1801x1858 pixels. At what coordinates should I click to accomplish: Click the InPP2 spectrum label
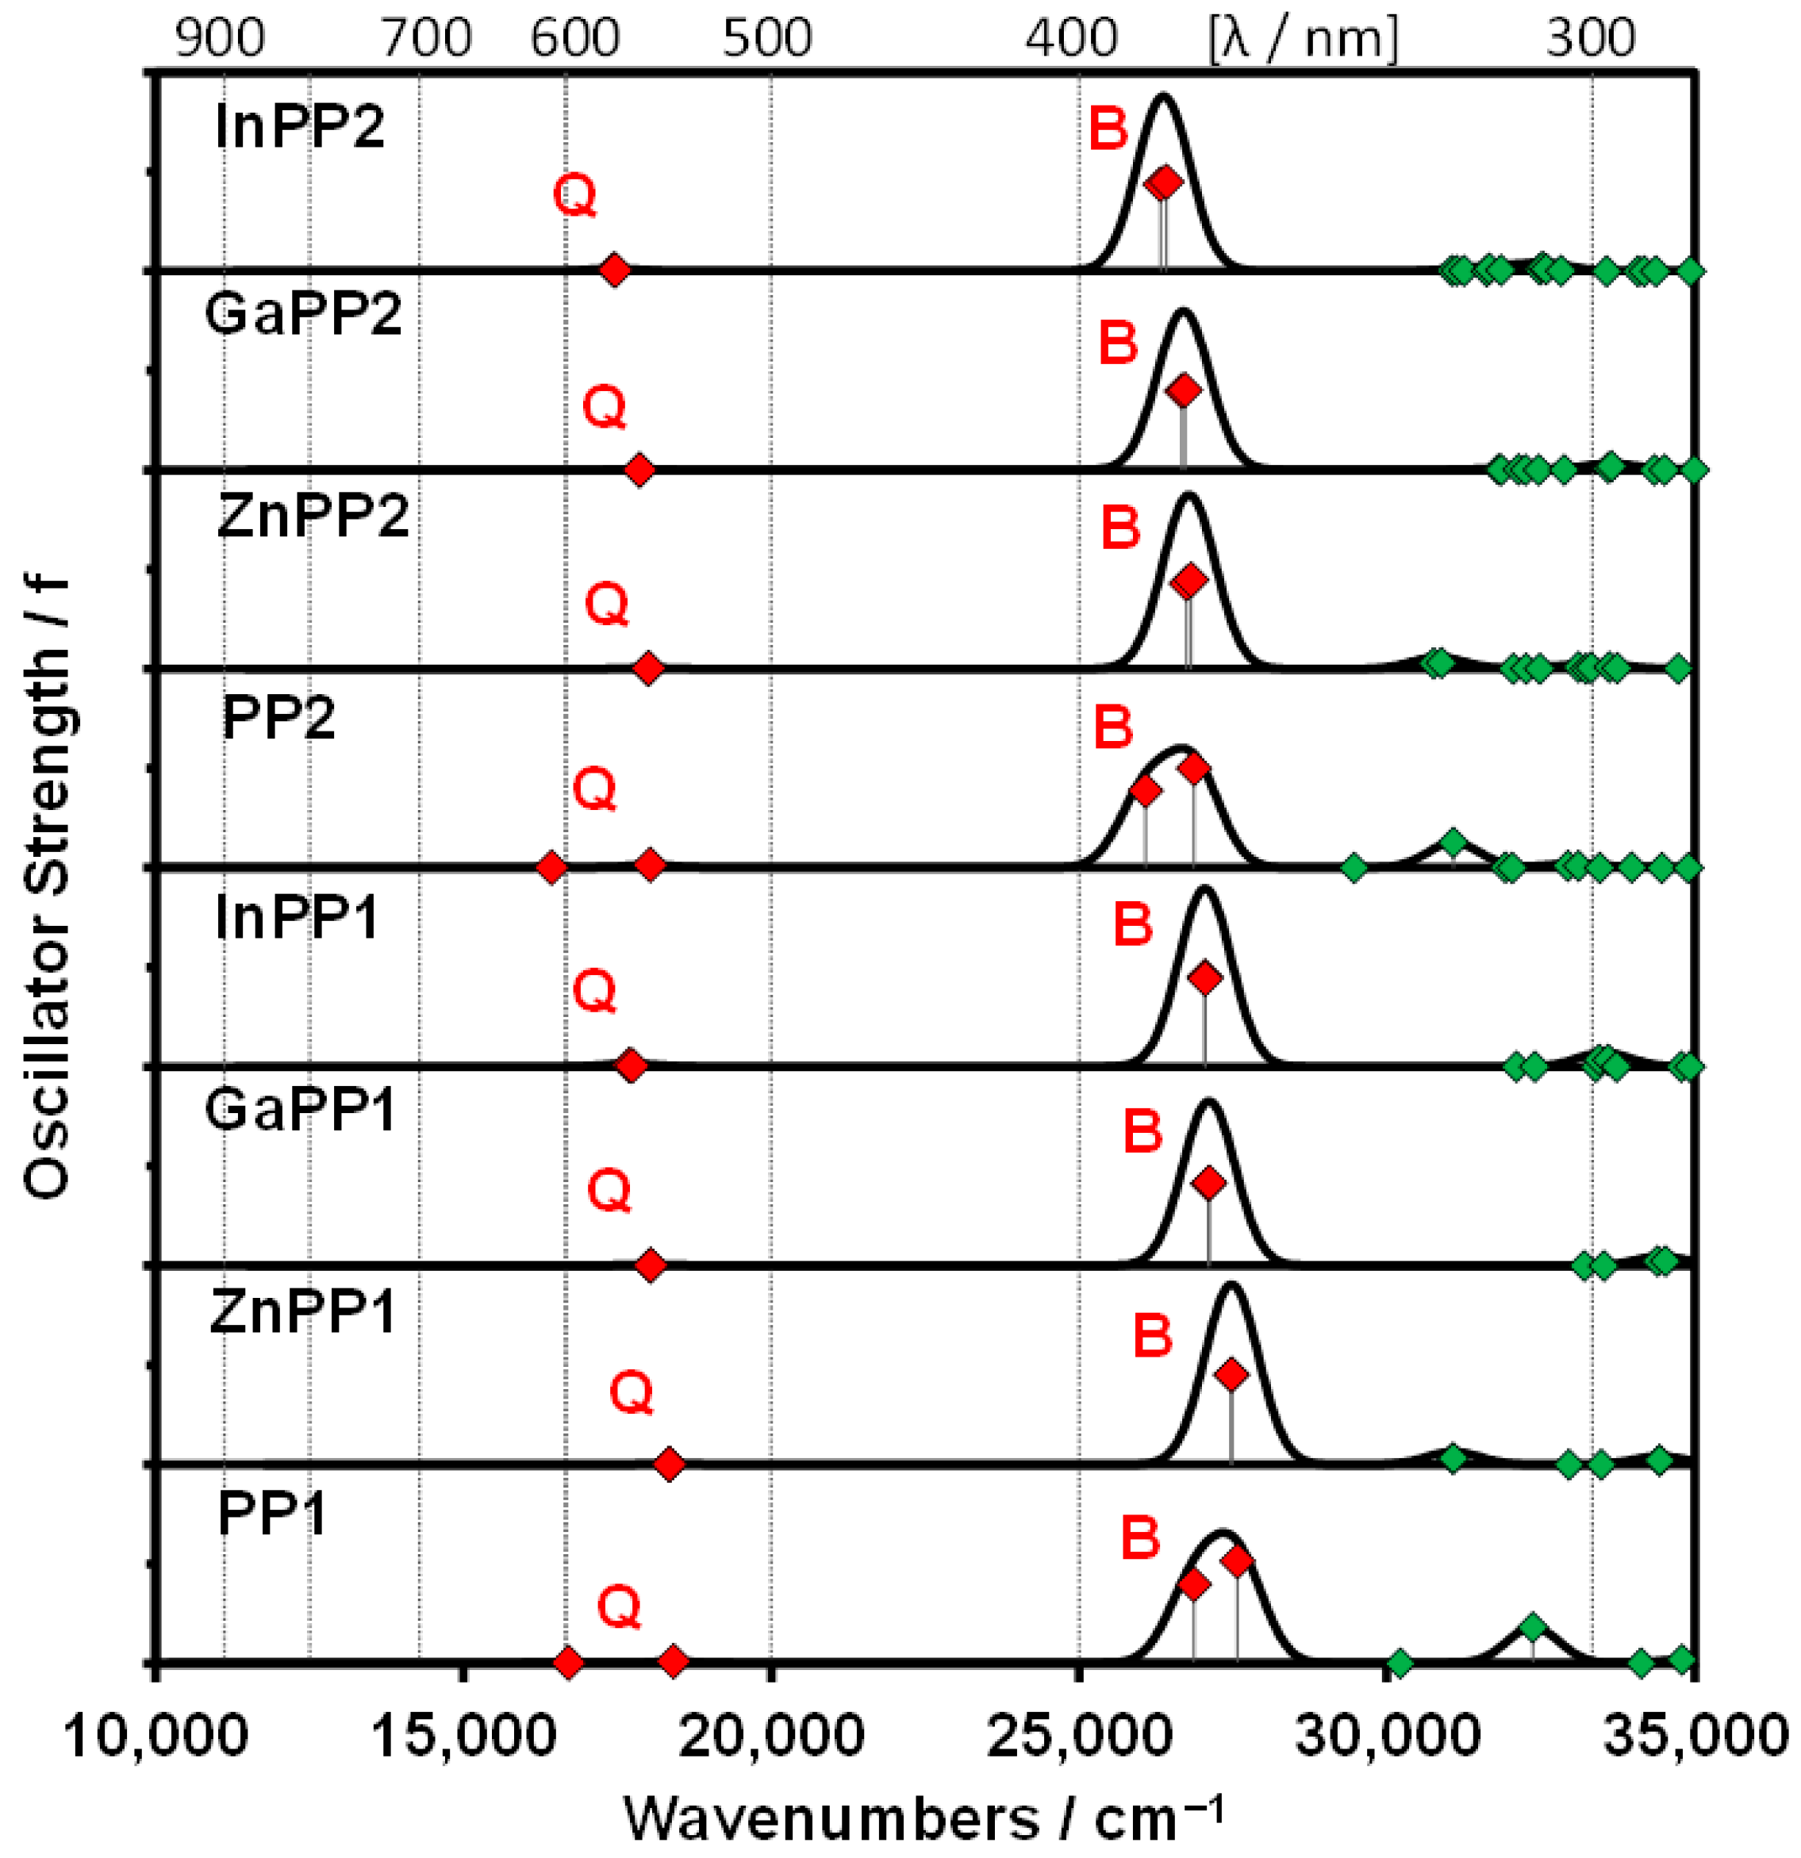point(300,126)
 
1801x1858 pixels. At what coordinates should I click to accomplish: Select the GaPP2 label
point(303,313)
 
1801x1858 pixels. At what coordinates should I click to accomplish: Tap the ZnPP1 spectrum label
point(302,1313)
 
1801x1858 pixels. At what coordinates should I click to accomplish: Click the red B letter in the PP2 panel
point(1113,727)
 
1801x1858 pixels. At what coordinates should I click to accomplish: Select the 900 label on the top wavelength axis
point(220,39)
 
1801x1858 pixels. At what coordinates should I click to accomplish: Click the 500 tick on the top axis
point(767,39)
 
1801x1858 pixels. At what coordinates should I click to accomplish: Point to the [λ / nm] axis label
point(1304,39)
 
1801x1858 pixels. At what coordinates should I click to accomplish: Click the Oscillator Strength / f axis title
point(47,886)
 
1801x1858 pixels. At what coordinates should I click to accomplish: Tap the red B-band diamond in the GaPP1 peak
point(1208,1183)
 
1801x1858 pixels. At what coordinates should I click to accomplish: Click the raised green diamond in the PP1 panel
point(1532,1628)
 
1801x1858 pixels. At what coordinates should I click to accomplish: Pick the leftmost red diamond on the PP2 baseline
point(551,867)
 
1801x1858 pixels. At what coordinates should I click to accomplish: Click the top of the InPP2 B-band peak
point(1163,94)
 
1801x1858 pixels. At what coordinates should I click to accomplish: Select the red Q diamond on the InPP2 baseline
point(614,271)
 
